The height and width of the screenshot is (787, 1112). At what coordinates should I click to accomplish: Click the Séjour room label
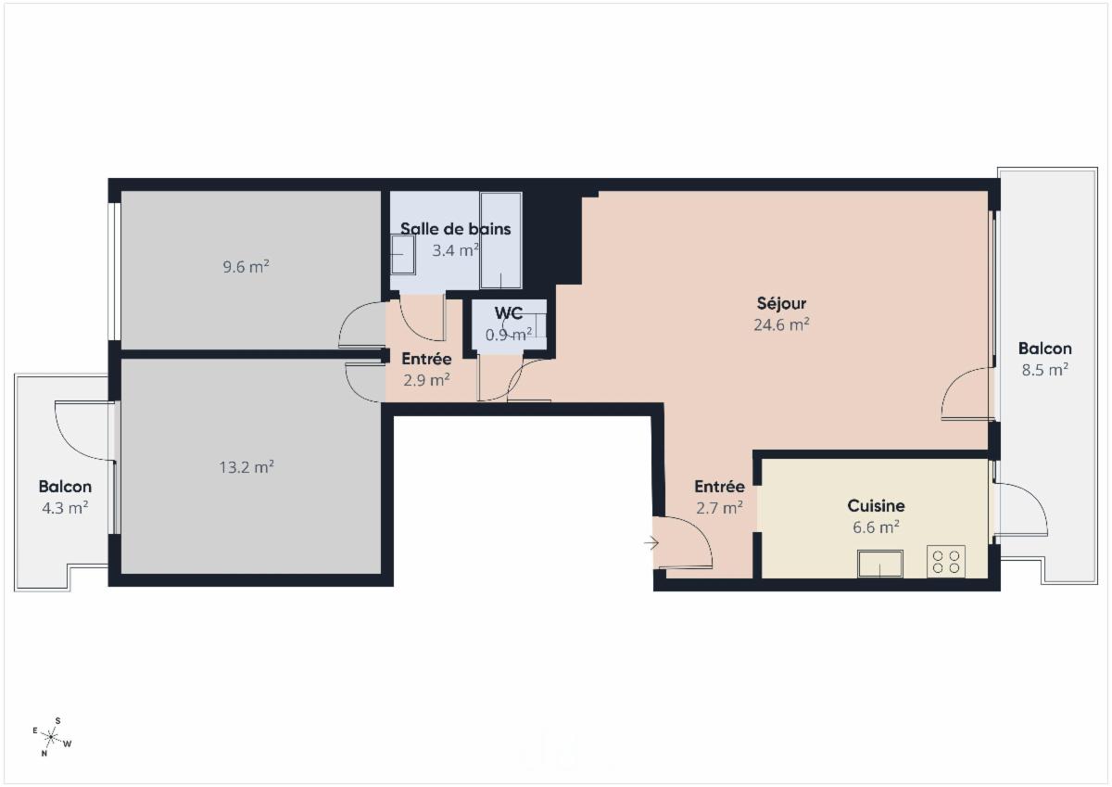pos(781,303)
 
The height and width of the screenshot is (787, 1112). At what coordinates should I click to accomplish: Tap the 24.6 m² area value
pos(782,324)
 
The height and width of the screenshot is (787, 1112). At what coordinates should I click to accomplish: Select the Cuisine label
pos(876,506)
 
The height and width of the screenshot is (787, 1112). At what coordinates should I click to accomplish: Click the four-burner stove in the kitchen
pos(945,562)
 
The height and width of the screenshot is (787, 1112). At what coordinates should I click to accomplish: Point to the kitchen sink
pos(879,563)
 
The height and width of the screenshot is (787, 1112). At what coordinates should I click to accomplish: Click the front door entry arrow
pos(651,543)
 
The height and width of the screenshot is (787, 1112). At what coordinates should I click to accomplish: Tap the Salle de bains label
pos(455,229)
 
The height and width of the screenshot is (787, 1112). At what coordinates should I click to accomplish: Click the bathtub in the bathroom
pos(500,241)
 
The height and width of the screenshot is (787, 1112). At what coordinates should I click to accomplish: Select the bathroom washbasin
pos(402,254)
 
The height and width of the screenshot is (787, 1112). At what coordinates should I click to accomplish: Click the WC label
pos(509,313)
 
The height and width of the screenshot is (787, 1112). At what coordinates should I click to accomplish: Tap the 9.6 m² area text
pos(246,267)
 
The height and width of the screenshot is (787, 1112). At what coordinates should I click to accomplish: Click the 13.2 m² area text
pos(246,467)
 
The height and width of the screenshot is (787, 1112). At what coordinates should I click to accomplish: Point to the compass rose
pos(52,737)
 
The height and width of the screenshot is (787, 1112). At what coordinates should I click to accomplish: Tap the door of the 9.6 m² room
pos(361,324)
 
